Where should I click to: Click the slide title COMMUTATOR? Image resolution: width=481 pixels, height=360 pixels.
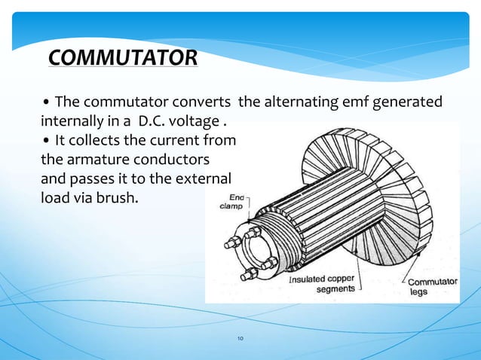tap(122, 57)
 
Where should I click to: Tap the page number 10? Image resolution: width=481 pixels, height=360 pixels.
tap(240, 340)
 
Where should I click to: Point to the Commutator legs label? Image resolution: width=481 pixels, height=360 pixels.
tap(432, 287)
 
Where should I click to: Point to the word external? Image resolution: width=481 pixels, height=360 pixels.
tap(204, 181)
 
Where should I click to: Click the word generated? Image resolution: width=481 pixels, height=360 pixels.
tap(405, 102)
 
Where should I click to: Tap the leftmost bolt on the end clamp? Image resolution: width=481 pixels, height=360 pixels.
tap(231, 244)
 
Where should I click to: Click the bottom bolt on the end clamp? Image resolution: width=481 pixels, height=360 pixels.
tap(245, 273)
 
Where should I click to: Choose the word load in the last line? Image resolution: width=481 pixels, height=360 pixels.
tap(51, 200)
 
